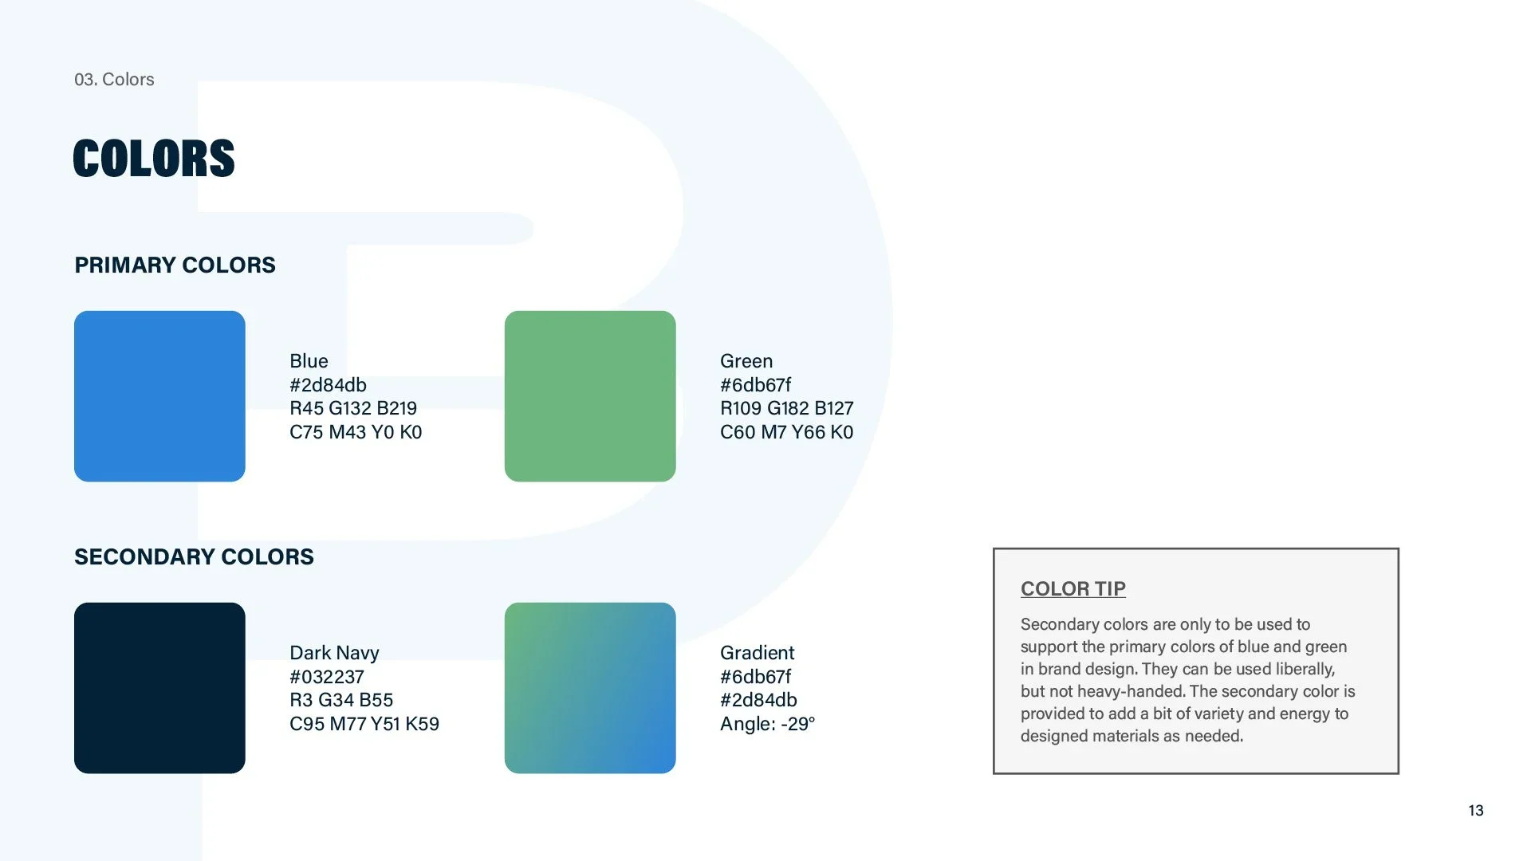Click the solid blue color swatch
(x=159, y=395)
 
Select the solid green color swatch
(x=590, y=395)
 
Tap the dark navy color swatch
(x=159, y=687)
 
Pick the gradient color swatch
(x=590, y=687)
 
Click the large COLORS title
(x=154, y=158)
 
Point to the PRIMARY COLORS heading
(x=175, y=265)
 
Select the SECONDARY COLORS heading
(x=194, y=556)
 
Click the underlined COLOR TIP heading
(x=1072, y=588)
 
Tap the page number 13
(x=1475, y=810)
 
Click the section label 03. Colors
(x=114, y=79)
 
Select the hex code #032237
(x=327, y=677)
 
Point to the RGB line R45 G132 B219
(x=353, y=408)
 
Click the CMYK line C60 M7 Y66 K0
(x=786, y=432)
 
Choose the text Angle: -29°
(x=767, y=724)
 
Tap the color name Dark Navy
(x=334, y=653)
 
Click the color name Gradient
(x=757, y=653)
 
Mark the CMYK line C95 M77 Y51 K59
(x=364, y=724)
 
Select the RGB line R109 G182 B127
(x=786, y=408)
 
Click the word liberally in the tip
(x=1305, y=669)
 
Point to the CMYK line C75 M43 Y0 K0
(x=356, y=432)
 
